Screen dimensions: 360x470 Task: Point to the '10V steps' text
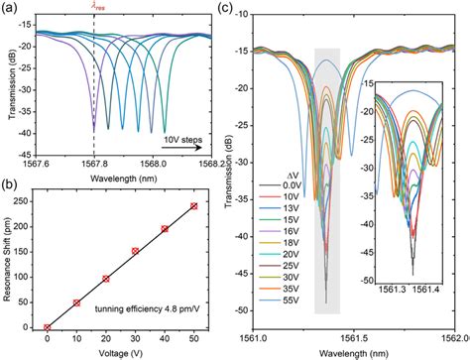[181, 134]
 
